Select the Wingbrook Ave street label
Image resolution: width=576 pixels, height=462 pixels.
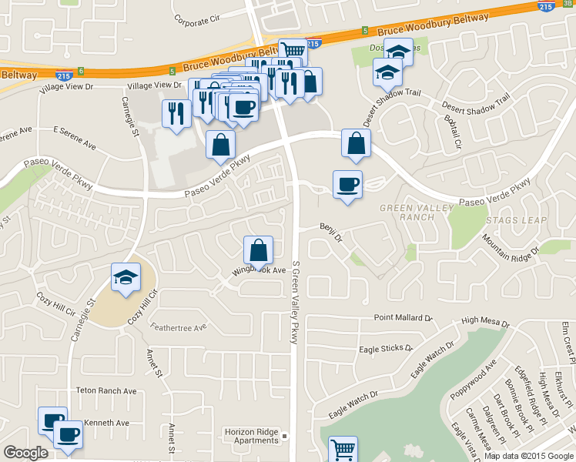tap(254, 271)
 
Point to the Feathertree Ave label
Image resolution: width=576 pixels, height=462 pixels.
tap(178, 326)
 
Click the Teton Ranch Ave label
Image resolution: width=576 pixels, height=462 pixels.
tap(106, 390)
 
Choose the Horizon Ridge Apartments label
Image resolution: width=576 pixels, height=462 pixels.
tap(252, 436)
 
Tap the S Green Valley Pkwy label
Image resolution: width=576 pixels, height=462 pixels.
tap(294, 302)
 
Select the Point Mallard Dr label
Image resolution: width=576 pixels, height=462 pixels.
tap(404, 317)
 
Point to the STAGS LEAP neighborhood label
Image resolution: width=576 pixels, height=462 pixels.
tap(516, 220)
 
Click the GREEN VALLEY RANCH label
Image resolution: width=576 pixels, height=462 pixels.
tap(407, 213)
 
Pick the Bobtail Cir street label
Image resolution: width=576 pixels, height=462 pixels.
tap(452, 132)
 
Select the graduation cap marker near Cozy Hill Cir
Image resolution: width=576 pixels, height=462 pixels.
tap(126, 278)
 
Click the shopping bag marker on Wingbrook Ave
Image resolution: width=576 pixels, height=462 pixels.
tap(258, 250)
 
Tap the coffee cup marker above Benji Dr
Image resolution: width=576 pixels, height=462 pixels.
tap(347, 185)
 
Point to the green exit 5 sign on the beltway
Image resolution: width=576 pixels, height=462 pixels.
tap(364, 31)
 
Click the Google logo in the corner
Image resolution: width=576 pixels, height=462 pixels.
tap(25, 453)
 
